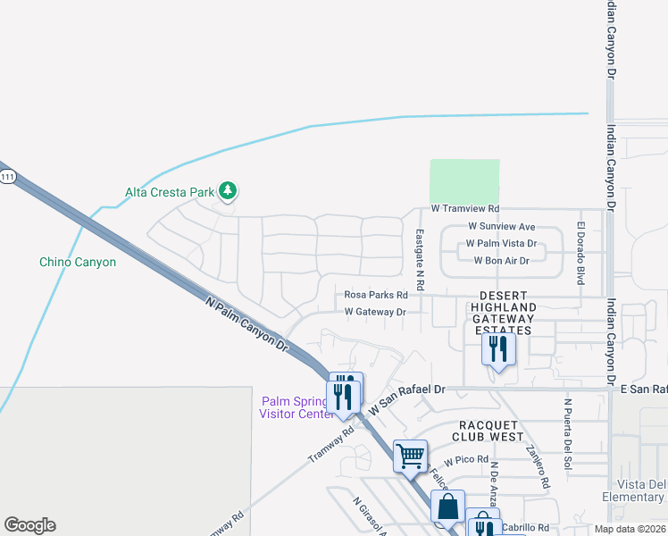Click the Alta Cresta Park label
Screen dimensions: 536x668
tap(170, 191)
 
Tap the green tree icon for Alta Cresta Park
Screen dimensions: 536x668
tap(229, 190)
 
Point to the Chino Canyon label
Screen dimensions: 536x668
tap(78, 262)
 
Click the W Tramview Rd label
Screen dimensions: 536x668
tap(464, 208)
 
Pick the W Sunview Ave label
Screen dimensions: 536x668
tap(501, 227)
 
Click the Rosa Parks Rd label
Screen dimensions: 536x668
tap(376, 295)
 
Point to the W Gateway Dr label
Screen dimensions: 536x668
tap(375, 312)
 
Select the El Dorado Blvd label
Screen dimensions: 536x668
tap(580, 255)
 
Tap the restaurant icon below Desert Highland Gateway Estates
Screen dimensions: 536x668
tap(498, 348)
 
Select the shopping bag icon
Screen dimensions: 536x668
tap(447, 506)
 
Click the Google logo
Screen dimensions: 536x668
tap(29, 525)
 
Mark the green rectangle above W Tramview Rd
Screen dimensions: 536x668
tap(464, 180)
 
